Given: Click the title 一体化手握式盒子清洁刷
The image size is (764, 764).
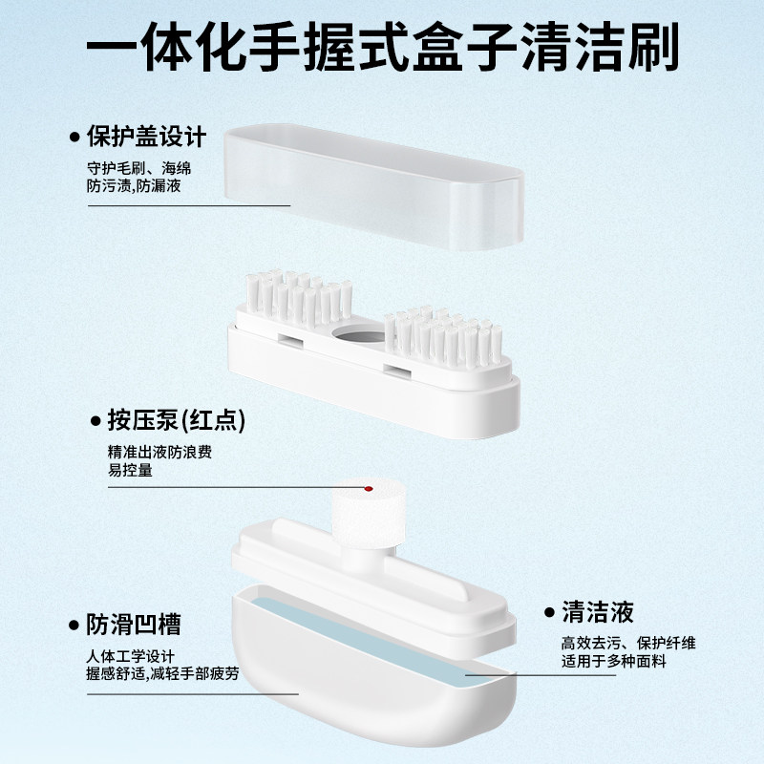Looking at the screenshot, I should [x=382, y=48].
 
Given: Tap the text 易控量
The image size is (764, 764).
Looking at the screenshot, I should [x=131, y=470].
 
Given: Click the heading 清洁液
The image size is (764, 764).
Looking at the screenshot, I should [x=598, y=611].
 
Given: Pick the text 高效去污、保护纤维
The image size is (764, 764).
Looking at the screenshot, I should [x=628, y=643].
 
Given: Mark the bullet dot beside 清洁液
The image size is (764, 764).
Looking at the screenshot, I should [x=549, y=612].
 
